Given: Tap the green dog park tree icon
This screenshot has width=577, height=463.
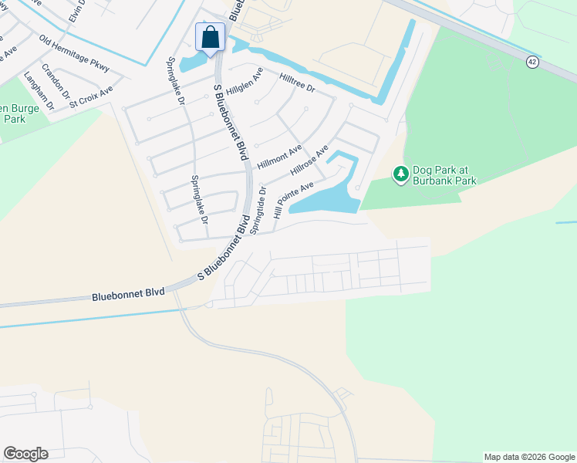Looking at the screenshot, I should [x=400, y=174].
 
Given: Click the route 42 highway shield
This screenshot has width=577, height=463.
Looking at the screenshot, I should [x=532, y=62].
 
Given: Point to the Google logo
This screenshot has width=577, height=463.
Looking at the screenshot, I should [x=25, y=454].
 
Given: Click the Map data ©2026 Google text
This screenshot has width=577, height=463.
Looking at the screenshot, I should [x=528, y=457].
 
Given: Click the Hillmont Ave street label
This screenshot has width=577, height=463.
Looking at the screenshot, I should [x=279, y=157].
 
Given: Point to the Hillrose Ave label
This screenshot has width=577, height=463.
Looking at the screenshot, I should [x=309, y=161].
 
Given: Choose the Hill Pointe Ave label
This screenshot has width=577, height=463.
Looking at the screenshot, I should [x=293, y=199].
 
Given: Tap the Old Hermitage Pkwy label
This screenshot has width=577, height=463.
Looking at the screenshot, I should [x=75, y=54].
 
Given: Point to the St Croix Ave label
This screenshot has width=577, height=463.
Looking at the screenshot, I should [x=91, y=96].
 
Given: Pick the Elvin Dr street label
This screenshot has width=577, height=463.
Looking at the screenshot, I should [x=75, y=12].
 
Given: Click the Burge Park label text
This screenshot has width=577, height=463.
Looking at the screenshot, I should [x=13, y=113].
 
